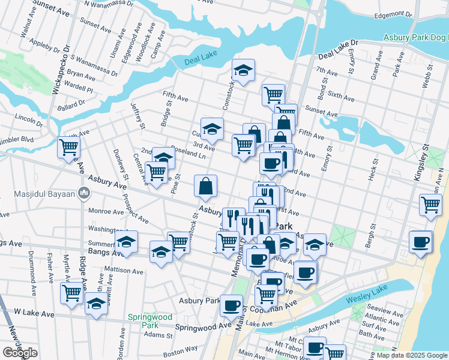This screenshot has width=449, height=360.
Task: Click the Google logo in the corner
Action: [x=20, y=353]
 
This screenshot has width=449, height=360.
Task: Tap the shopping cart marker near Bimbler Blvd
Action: [x=69, y=147]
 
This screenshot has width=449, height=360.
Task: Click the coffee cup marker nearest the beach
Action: [x=421, y=241]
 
